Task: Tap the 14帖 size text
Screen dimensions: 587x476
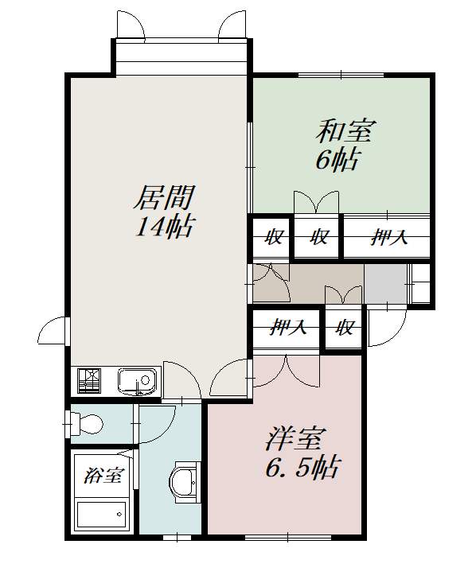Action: coord(163,227)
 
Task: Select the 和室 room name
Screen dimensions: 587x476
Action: coord(347,129)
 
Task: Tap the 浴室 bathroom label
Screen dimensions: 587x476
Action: coord(103,476)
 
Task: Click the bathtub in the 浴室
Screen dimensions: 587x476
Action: coord(102,515)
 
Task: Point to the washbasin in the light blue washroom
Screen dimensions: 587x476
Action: coord(184,481)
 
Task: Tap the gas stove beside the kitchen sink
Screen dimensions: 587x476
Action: coord(89,382)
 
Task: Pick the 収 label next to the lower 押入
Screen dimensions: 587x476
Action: coord(344,326)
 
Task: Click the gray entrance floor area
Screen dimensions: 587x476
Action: coord(385,283)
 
